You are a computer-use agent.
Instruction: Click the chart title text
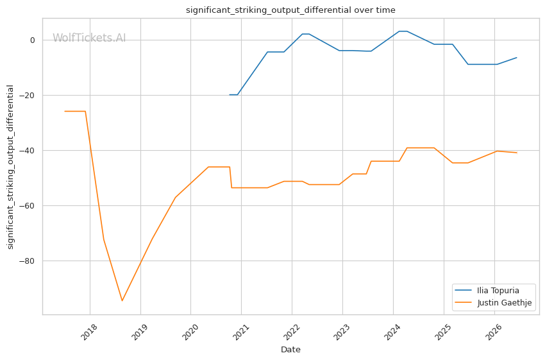[x=290, y=10]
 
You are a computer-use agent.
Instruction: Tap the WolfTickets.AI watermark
[x=89, y=38]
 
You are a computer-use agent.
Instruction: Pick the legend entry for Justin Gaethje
[x=492, y=303]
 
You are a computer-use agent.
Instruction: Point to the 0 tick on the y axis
[x=33, y=40]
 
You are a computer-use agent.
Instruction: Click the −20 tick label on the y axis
[x=28, y=96]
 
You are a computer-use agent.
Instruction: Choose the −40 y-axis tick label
[x=28, y=151]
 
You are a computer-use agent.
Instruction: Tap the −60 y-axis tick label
[x=28, y=206]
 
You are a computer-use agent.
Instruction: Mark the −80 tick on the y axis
[x=28, y=261]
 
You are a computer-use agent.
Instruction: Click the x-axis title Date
[x=290, y=350]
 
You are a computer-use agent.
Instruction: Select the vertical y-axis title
[x=10, y=167]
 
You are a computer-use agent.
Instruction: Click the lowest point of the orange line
[x=122, y=300]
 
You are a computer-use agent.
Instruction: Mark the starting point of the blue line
[x=230, y=94]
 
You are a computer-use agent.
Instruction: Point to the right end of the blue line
[x=517, y=57]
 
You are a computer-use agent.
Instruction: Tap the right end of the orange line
[x=517, y=153]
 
